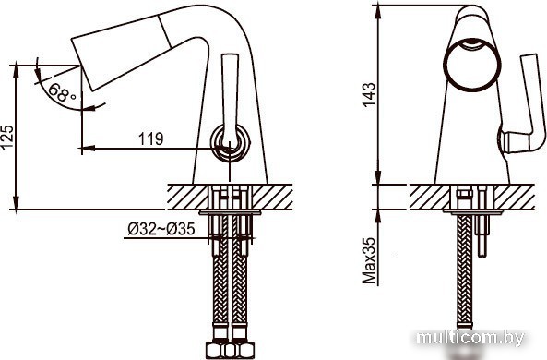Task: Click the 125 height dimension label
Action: pos(7,137)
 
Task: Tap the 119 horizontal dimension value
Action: pos(151,139)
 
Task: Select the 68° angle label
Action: pos(62,92)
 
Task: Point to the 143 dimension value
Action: pos(368,94)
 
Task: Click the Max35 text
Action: pos(368,260)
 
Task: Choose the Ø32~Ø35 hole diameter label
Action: pos(161,229)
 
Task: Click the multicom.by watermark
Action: pos(471,338)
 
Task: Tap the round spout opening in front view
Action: pos(472,65)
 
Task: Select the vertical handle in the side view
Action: pos(230,98)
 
